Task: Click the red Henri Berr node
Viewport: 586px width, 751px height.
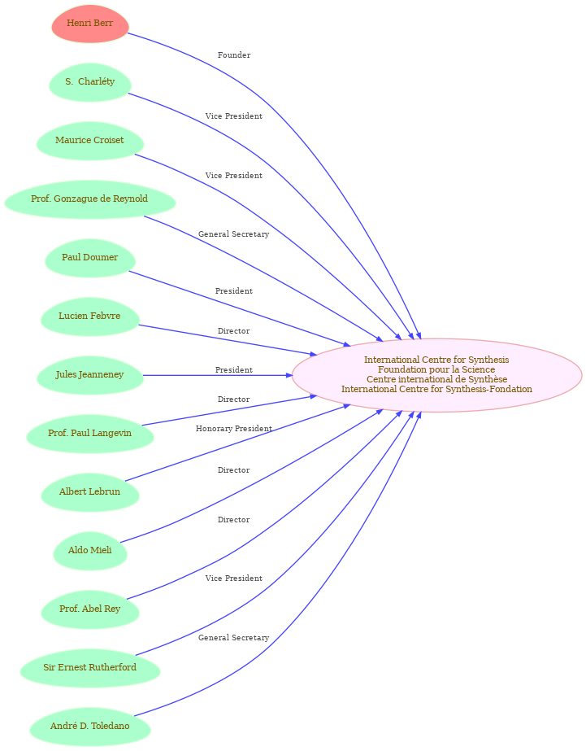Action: (x=90, y=24)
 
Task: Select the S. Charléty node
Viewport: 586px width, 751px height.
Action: (x=90, y=82)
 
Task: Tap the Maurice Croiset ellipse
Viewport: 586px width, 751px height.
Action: (x=90, y=141)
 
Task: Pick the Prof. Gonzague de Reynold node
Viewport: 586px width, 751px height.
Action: (x=90, y=199)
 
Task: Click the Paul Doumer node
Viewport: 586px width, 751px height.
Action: (x=90, y=258)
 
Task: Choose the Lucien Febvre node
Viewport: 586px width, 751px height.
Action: (x=90, y=317)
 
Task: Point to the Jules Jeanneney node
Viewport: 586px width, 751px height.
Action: (x=90, y=375)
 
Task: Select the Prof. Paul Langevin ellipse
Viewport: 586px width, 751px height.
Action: (x=90, y=434)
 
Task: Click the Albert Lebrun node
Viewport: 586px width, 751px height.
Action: (x=90, y=492)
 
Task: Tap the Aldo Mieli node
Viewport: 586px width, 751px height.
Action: (x=90, y=551)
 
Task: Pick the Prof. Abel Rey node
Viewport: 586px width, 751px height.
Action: (x=90, y=609)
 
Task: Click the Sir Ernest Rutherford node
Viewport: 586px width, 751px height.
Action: (x=90, y=668)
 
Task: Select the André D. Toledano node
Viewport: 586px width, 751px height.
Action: (x=90, y=727)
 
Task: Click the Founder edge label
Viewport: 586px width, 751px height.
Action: (x=234, y=55)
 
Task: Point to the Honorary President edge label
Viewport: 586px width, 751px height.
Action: (x=234, y=429)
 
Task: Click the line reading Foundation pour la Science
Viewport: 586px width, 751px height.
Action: (x=436, y=369)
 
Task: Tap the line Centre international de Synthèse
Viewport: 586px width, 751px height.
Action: (x=436, y=379)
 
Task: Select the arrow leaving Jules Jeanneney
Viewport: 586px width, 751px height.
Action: (x=218, y=375)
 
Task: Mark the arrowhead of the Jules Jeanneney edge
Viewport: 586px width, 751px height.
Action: (x=289, y=375)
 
